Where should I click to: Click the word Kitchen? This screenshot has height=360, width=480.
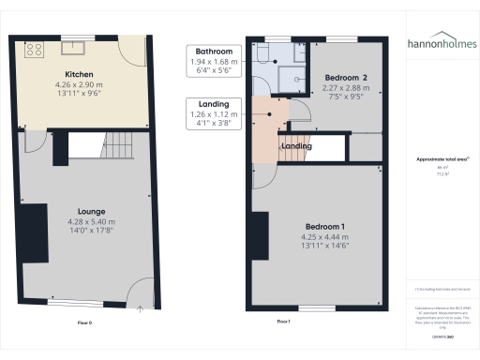(79, 74)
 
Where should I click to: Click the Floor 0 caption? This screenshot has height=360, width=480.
(85, 322)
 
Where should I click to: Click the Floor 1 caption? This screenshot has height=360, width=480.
(284, 322)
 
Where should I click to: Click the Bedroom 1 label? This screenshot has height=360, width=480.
(324, 228)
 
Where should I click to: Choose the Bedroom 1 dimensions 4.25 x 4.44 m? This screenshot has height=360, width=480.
(324, 237)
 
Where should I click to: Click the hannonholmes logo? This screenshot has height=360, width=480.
(442, 43)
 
